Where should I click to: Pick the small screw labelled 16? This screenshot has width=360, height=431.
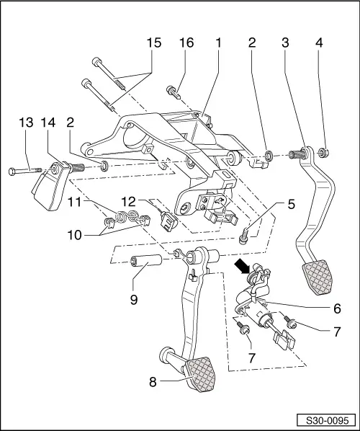tap(174, 92)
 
